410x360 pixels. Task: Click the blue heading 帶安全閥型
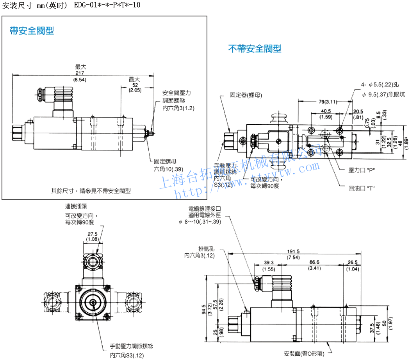32,31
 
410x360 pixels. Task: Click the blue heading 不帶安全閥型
255,48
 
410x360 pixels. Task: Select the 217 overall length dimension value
81,73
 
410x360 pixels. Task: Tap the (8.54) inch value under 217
81,79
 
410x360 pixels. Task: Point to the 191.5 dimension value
293,252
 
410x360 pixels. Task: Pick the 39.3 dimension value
269,262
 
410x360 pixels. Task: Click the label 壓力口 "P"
361,170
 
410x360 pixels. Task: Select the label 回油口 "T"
362,188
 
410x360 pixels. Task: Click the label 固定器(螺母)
246,95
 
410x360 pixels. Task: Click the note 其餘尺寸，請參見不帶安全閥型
91,191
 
